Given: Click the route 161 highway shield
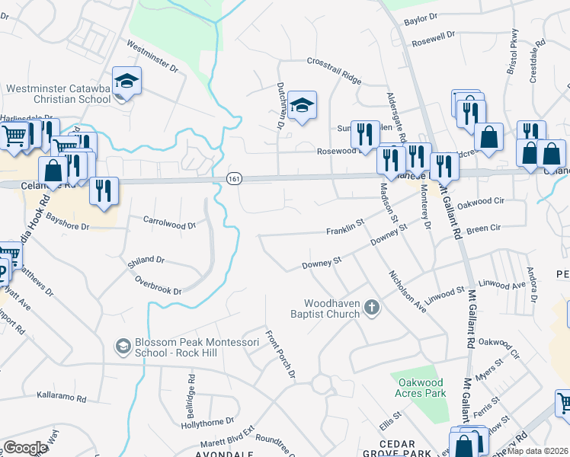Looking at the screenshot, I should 234,178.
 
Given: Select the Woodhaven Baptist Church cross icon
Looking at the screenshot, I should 371,308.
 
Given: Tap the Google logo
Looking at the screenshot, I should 25,448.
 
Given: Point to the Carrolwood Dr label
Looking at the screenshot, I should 170,222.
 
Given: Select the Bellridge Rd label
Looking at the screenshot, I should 191,391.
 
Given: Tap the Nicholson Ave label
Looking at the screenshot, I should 408,292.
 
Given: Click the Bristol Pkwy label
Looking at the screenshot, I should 512,51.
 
